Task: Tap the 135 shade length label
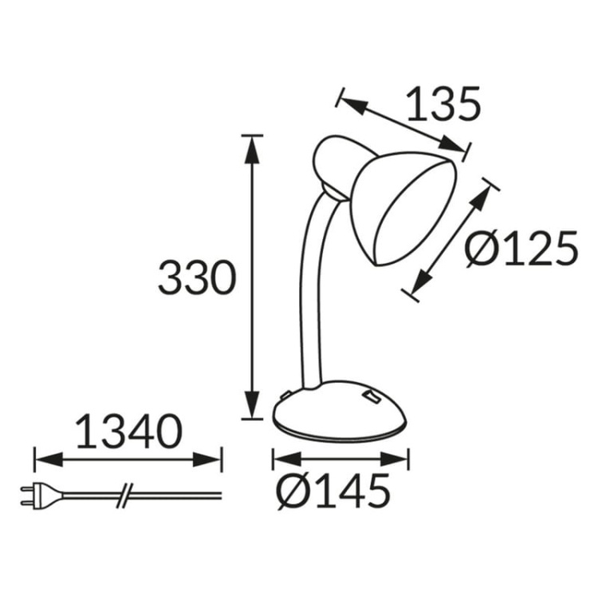click(x=443, y=104)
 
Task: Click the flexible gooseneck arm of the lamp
click(x=309, y=295)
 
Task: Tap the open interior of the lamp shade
click(x=413, y=211)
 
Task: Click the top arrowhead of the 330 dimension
click(x=253, y=144)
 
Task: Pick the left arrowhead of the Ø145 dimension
click(x=281, y=459)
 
